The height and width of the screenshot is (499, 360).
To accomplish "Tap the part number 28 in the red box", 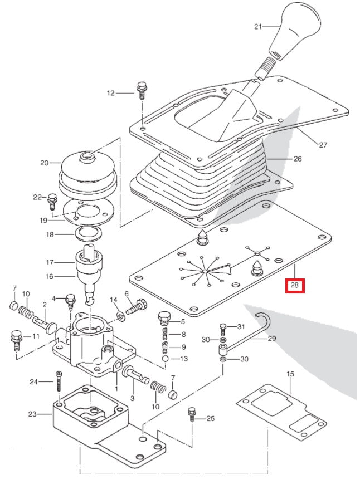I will (294, 286).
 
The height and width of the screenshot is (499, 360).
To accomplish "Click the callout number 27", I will (323, 145).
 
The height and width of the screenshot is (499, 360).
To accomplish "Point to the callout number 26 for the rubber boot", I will (297, 159).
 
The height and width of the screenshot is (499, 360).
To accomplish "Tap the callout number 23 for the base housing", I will (32, 414).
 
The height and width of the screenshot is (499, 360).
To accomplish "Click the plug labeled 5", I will (163, 320).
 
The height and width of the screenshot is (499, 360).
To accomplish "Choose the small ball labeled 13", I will (166, 359).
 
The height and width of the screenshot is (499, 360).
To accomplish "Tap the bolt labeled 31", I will (223, 327).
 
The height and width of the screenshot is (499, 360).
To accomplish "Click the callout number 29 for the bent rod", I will (272, 338).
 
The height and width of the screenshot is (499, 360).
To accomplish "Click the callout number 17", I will (50, 261).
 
